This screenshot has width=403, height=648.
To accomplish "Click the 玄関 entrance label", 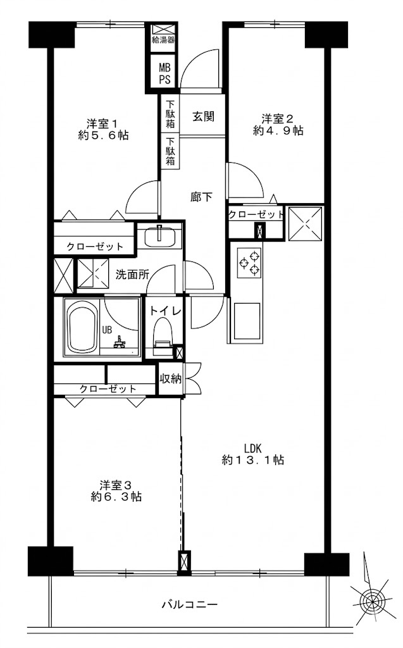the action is (203, 116).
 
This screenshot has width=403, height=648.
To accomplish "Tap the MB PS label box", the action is (164, 73).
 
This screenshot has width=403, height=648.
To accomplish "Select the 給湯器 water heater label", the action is (164, 40).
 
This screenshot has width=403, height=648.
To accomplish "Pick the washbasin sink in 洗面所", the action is (160, 237).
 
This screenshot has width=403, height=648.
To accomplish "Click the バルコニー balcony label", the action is (189, 605).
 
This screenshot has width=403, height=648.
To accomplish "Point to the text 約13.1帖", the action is (253, 459).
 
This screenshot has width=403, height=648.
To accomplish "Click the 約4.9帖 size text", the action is (278, 130).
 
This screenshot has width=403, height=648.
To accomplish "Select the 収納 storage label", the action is (170, 378).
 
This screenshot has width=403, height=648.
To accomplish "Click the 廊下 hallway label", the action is (201, 197).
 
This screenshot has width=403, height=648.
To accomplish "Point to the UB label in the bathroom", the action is (107, 330).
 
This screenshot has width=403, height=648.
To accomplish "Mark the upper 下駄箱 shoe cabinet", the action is (170, 114).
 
